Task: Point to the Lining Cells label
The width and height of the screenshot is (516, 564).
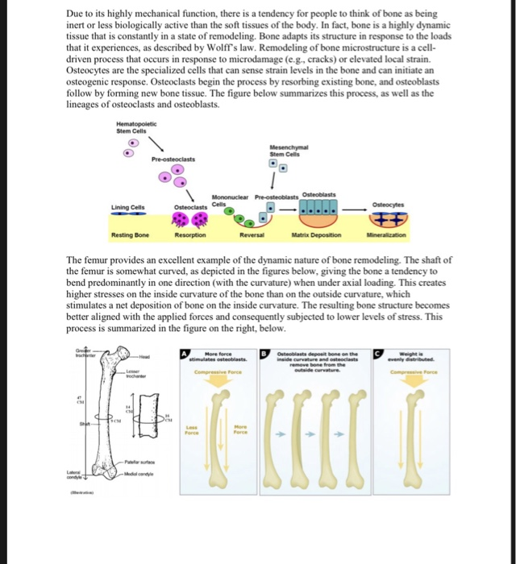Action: click(129, 207)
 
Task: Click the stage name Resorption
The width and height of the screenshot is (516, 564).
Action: click(190, 234)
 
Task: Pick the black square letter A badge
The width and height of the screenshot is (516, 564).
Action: click(185, 352)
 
